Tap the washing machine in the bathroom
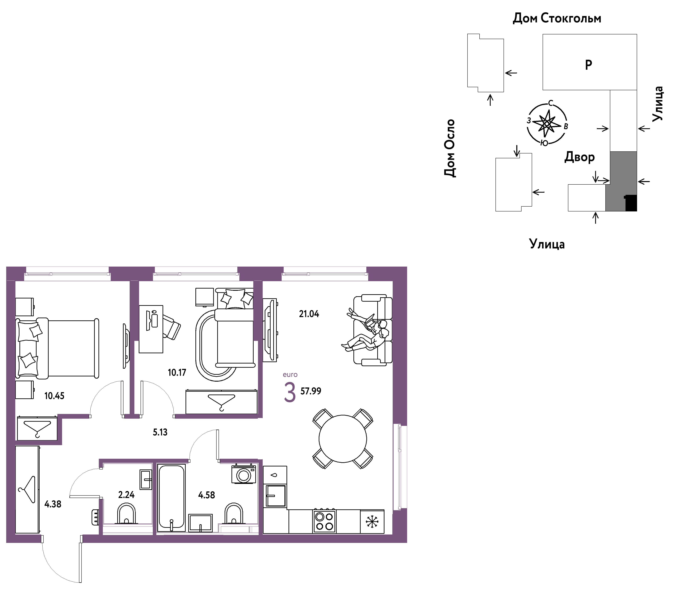point(244,474)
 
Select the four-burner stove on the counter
point(325,522)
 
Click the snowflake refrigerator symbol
point(372,522)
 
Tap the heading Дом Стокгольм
point(557,18)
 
